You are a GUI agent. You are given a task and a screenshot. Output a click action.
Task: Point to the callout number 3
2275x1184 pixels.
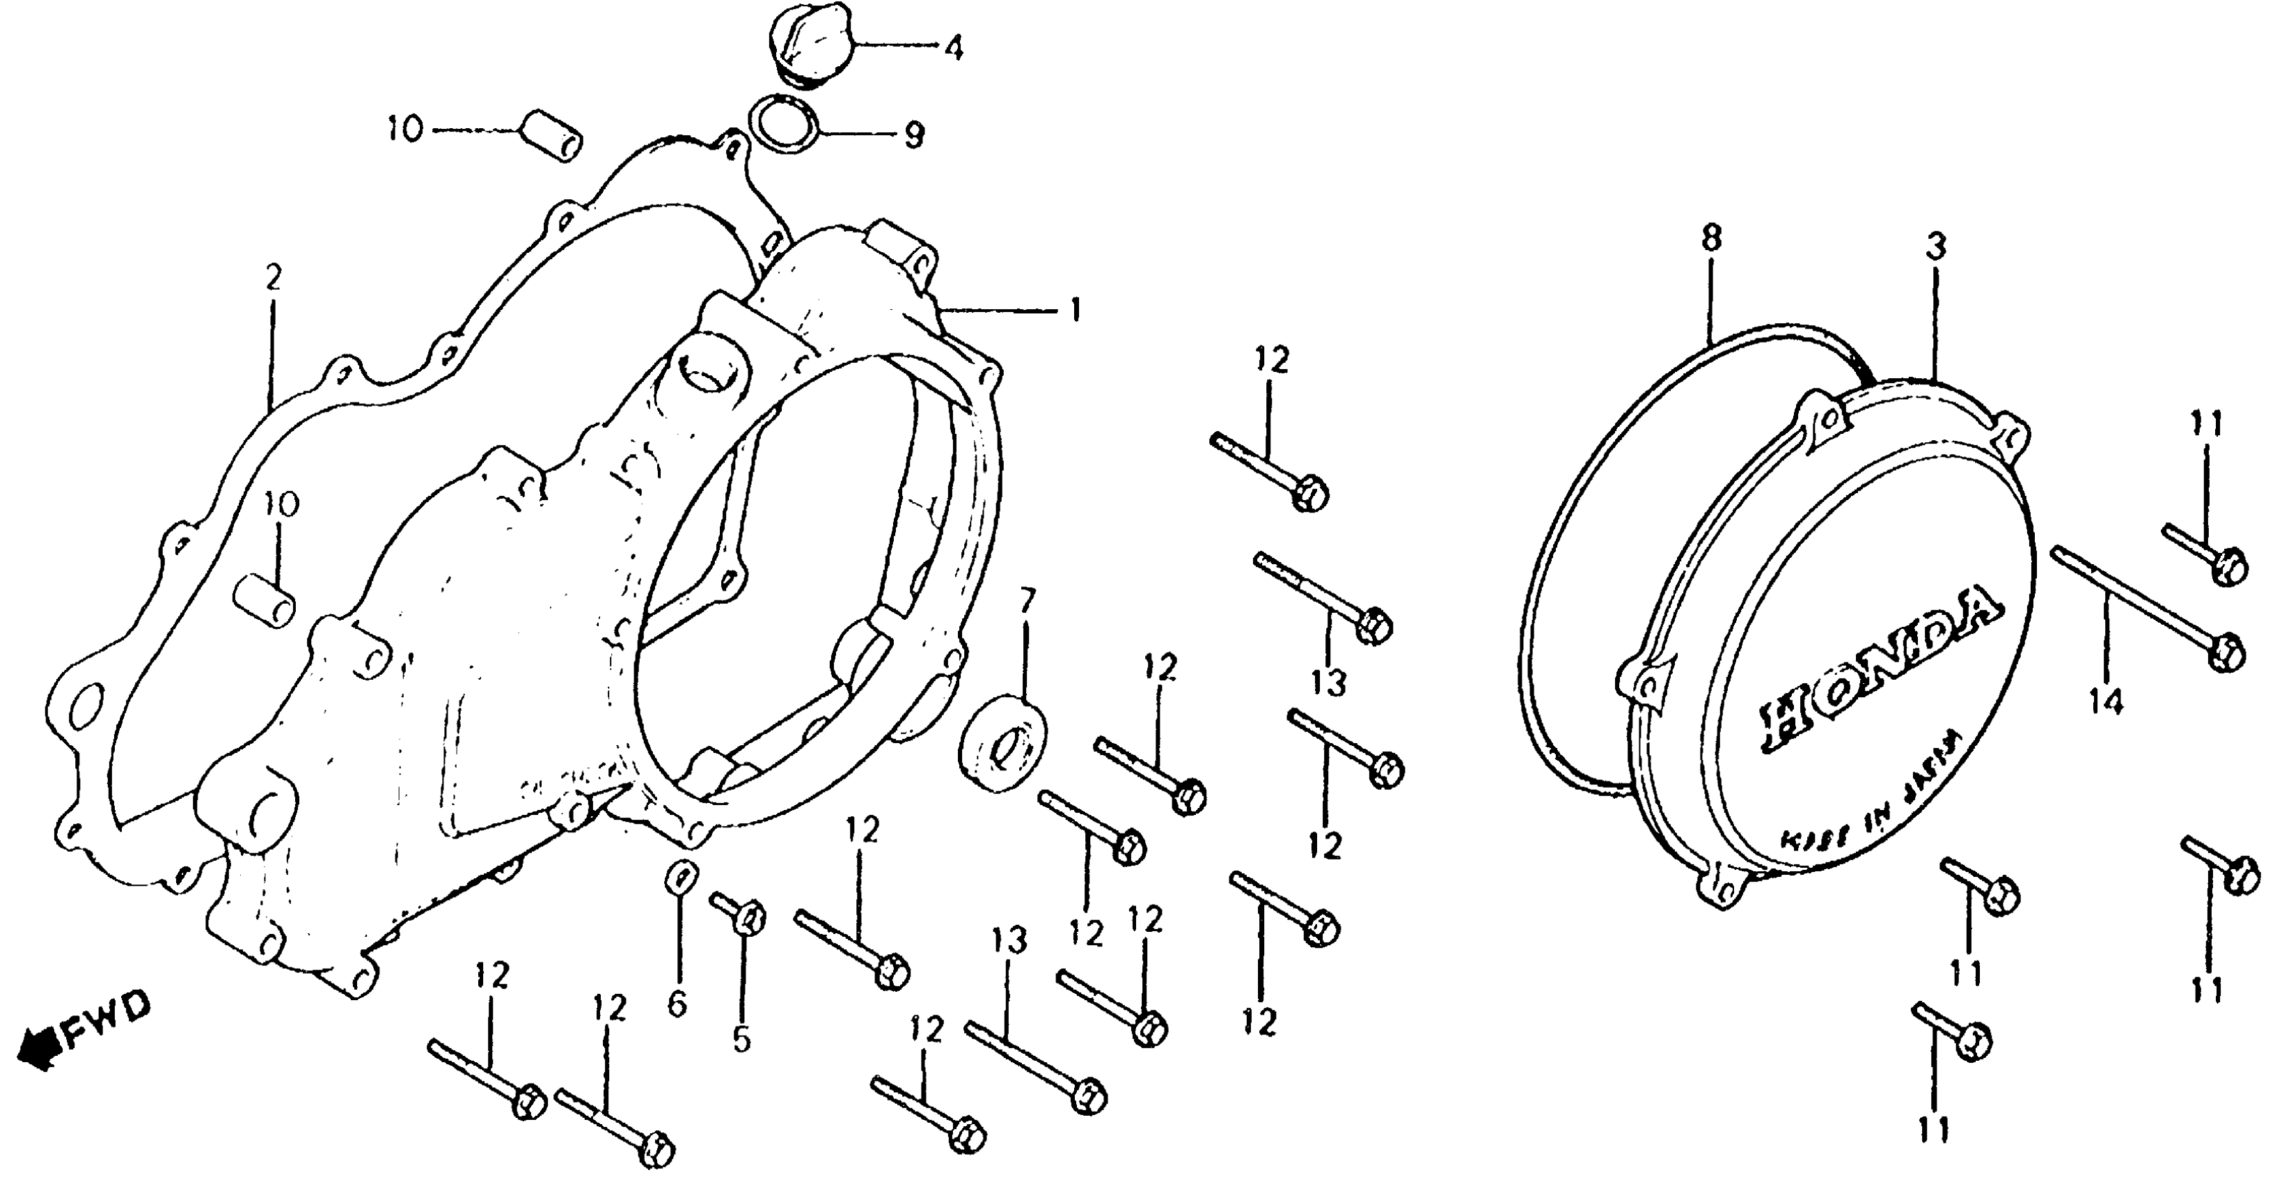[1936, 247]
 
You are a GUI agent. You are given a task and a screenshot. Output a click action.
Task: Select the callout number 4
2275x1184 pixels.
[953, 48]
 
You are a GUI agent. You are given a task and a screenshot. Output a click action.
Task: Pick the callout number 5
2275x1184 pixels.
[742, 1040]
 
